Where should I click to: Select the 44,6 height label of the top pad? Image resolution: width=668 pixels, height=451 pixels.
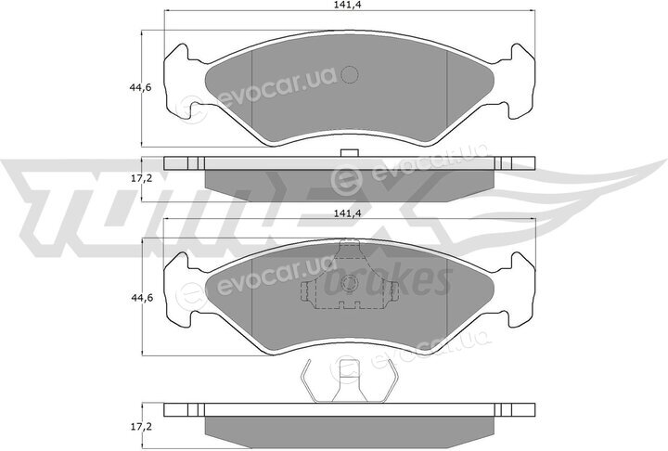(140, 88)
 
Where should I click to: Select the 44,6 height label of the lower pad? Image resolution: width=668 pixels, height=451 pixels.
(140, 297)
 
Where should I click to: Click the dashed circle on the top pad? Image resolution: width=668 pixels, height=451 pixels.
(350, 76)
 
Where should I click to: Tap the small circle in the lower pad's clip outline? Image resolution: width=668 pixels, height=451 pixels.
(350, 283)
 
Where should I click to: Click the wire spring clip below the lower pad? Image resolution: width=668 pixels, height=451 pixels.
(350, 381)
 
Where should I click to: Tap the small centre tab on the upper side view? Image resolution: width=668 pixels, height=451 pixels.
(350, 152)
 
